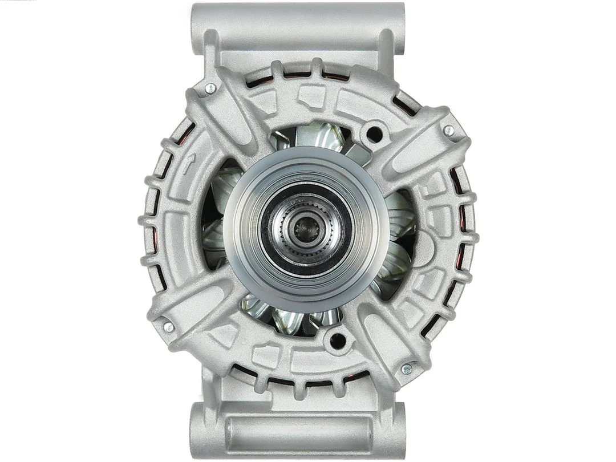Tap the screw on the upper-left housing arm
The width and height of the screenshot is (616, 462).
click(x=210, y=88)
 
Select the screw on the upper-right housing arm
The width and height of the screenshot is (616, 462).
click(x=449, y=131)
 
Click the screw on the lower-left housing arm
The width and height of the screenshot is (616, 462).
click(x=168, y=327)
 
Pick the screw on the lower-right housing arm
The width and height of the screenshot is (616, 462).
click(x=407, y=369)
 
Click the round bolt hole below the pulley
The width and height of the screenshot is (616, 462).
click(x=337, y=341)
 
